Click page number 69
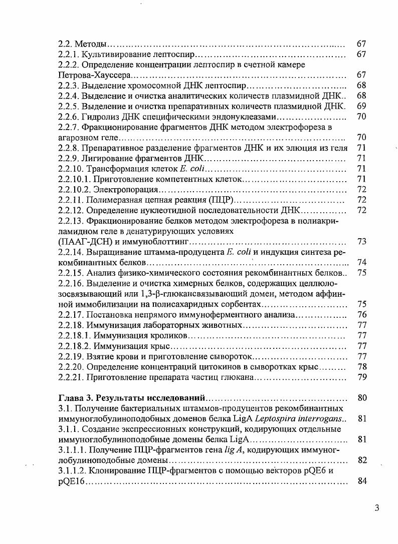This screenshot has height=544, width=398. tap(361, 106)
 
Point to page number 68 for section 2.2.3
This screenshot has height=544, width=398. tap(361, 85)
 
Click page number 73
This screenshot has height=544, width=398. tap(361, 241)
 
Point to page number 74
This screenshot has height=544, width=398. tap(361, 262)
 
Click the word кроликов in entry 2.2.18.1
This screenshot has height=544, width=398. tap(169, 335)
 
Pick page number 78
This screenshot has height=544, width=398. tap(361, 366)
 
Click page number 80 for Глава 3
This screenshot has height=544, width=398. tap(361, 398)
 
